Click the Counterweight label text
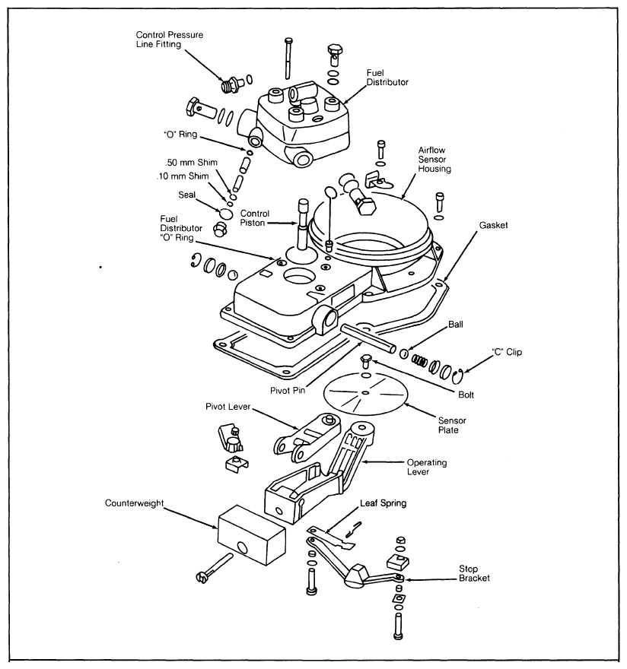134,503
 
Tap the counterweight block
251,535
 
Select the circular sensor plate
364,393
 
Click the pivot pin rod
368,338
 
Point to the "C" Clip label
507,352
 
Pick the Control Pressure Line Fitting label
170,40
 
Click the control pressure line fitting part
233,83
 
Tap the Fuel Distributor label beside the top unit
387,78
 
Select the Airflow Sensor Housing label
434,159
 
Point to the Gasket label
493,225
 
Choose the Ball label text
456,325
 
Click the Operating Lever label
427,467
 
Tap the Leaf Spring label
383,503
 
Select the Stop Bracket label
474,573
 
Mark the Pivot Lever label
228,406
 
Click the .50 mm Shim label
191,162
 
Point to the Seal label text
186,195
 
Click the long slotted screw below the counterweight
215,568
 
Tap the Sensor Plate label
452,425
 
